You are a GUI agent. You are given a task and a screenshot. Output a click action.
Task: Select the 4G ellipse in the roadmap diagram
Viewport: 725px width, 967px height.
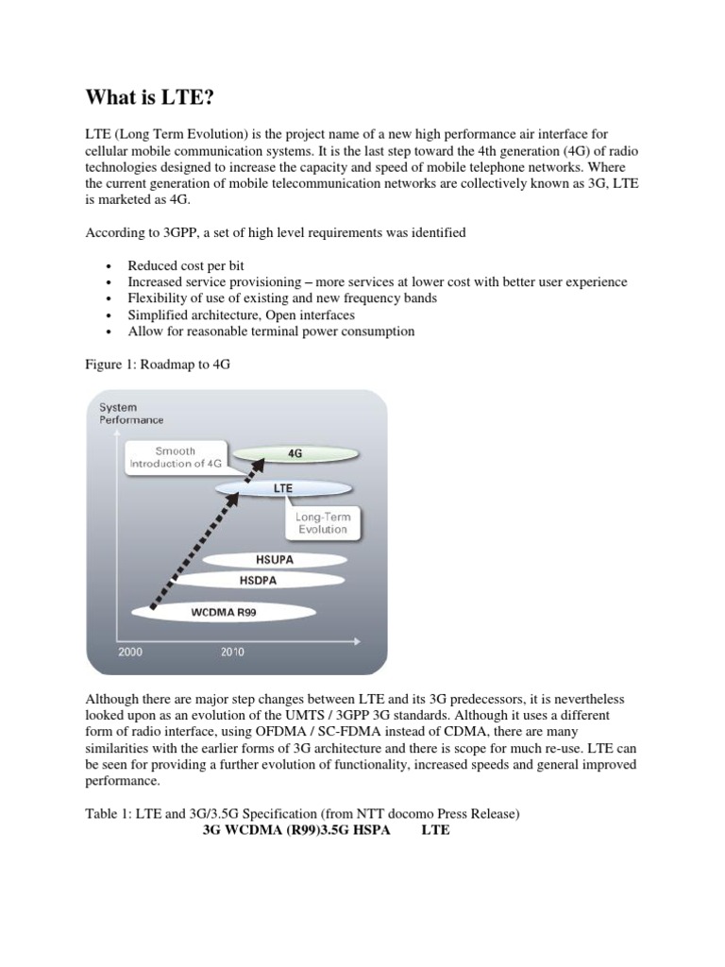coord(295,453)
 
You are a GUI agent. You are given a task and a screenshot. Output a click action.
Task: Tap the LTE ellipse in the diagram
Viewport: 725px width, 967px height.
coord(283,488)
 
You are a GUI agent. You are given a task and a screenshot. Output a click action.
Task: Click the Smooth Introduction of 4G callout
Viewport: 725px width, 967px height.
coord(176,457)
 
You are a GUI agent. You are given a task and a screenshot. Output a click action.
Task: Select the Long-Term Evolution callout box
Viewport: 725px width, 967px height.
coord(322,522)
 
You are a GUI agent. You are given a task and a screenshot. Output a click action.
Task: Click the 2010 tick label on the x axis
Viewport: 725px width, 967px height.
coord(232,652)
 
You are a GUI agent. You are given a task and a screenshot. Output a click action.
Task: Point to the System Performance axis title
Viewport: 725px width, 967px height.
coord(131,414)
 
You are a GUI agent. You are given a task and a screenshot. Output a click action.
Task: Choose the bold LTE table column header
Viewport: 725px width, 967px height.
coord(435,831)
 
